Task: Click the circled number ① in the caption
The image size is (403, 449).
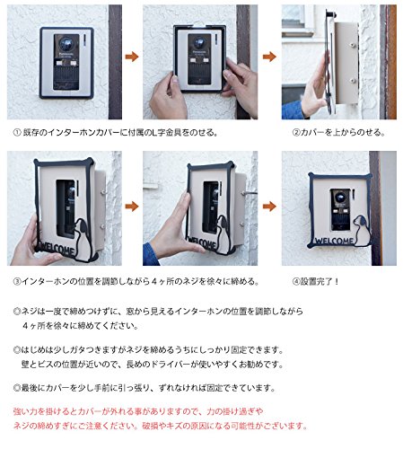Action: point(17,132)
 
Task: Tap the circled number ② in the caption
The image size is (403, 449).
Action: point(296,132)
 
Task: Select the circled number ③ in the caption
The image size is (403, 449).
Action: point(17,281)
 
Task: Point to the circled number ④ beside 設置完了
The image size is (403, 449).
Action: point(296,281)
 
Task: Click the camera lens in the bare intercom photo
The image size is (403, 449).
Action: point(66,44)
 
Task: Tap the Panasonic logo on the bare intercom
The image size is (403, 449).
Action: point(66,54)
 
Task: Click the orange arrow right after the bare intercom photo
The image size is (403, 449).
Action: point(132,57)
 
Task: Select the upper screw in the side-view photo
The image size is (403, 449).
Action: point(354,45)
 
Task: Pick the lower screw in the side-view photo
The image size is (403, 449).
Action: point(354,81)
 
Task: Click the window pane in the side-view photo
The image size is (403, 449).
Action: point(293,17)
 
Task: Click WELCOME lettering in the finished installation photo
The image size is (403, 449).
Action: point(334,241)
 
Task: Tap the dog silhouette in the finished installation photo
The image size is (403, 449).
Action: point(361,231)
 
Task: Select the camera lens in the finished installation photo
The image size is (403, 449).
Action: point(340,198)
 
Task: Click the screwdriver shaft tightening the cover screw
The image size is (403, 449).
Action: point(250,193)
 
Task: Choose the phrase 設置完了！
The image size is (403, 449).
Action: point(320,281)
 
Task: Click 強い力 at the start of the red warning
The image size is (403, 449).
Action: point(25,411)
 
